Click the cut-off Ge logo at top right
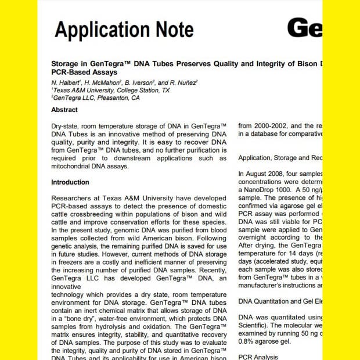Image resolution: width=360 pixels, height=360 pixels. [304, 28]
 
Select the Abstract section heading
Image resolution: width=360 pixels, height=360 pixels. [64, 110]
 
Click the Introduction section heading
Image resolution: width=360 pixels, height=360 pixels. [70, 182]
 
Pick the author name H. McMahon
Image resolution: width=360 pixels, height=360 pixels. [105, 83]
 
